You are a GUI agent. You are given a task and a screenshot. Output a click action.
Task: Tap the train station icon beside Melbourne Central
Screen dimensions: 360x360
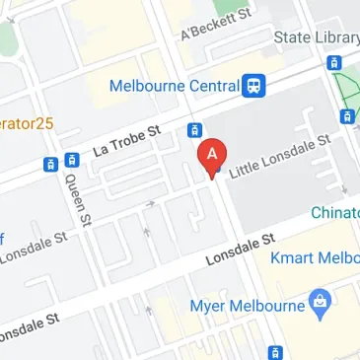click(x=255, y=86)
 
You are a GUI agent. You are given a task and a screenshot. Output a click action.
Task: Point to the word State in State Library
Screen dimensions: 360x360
click(x=293, y=38)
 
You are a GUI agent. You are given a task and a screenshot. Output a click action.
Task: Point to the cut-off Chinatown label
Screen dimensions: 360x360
click(x=335, y=212)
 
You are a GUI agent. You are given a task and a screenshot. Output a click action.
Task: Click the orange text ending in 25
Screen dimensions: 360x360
click(x=26, y=124)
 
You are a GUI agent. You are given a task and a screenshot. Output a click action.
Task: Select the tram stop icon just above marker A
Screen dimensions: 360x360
click(x=194, y=131)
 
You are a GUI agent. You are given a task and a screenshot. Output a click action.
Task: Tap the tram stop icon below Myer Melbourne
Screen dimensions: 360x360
click(x=277, y=351)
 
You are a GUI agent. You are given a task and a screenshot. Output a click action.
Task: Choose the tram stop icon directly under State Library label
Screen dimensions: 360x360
click(x=335, y=63)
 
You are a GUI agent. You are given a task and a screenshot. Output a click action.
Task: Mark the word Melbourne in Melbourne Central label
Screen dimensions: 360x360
click(x=149, y=86)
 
